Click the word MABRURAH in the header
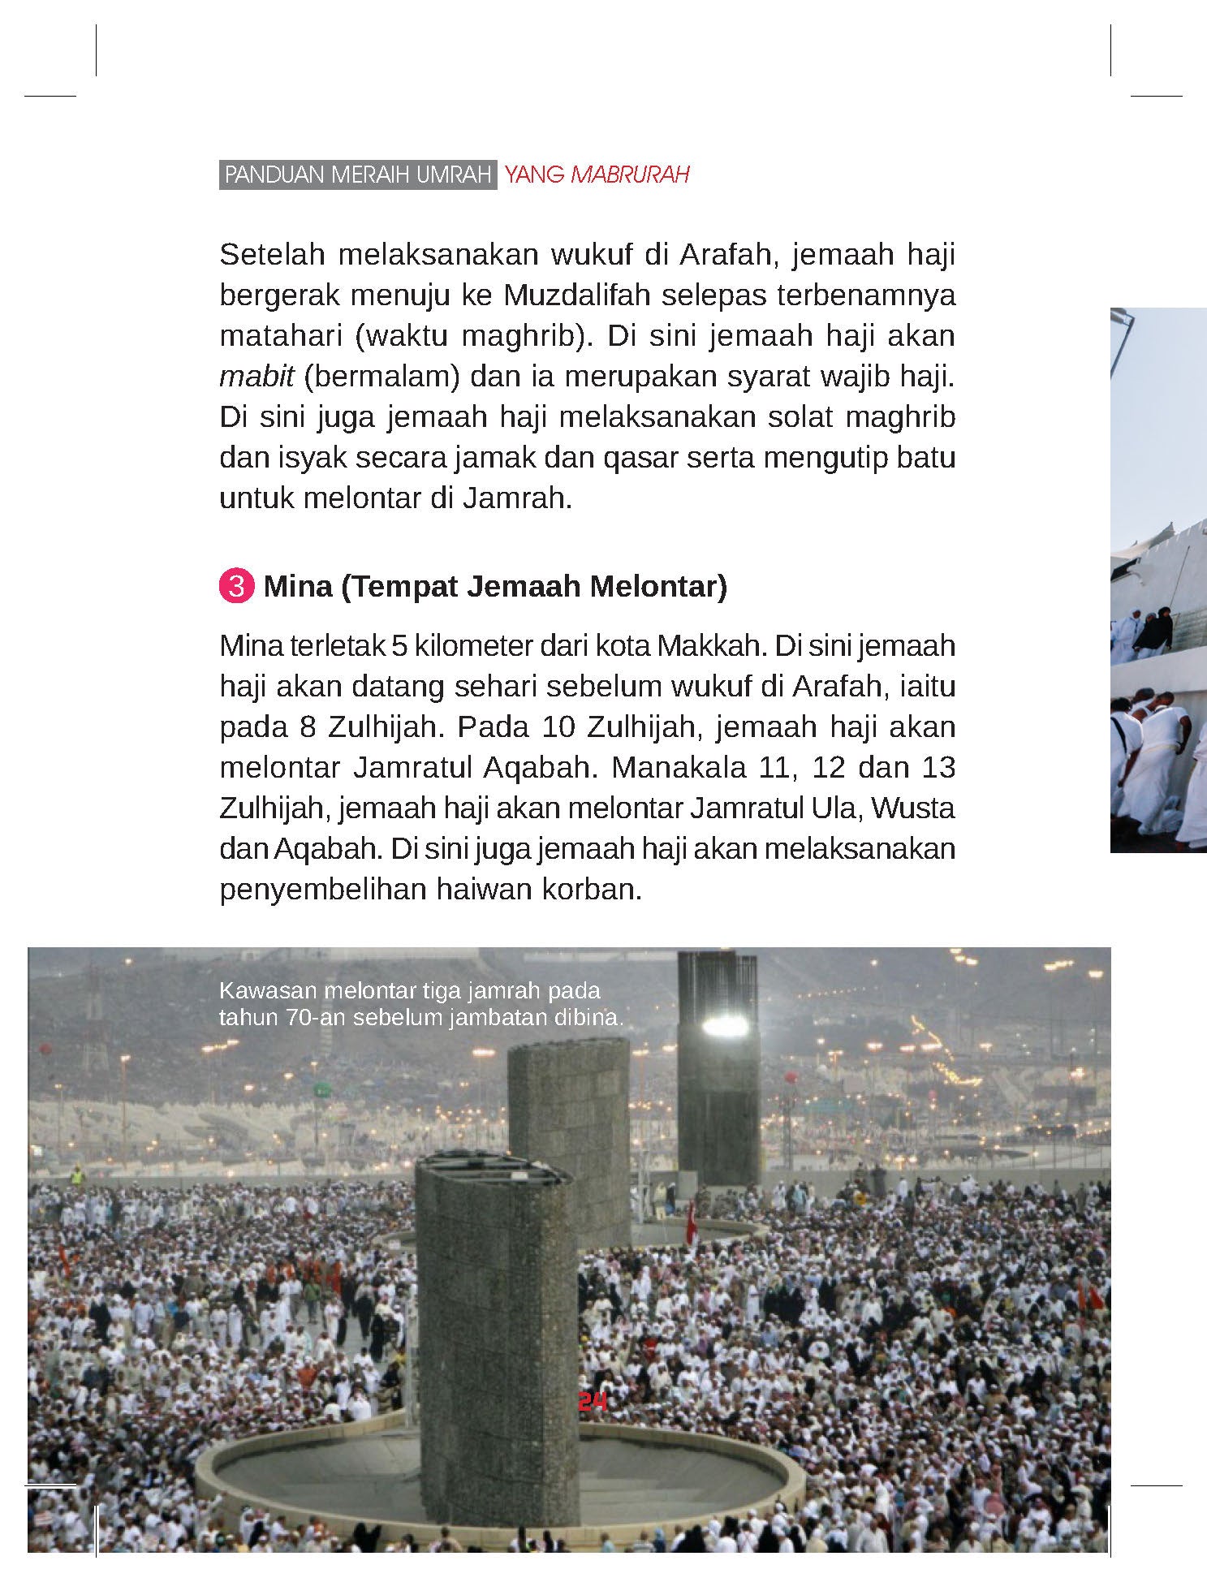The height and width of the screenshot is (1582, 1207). (630, 175)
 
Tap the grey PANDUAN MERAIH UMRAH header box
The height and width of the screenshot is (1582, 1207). (358, 175)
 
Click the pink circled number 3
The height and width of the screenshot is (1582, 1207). (235, 586)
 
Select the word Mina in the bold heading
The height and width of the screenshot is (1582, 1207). (298, 586)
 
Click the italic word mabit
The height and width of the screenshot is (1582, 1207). (256, 377)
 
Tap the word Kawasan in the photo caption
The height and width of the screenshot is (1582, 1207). (267, 991)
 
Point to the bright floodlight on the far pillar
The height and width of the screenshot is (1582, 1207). (725, 1025)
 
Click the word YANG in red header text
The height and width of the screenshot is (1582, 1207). (533, 175)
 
